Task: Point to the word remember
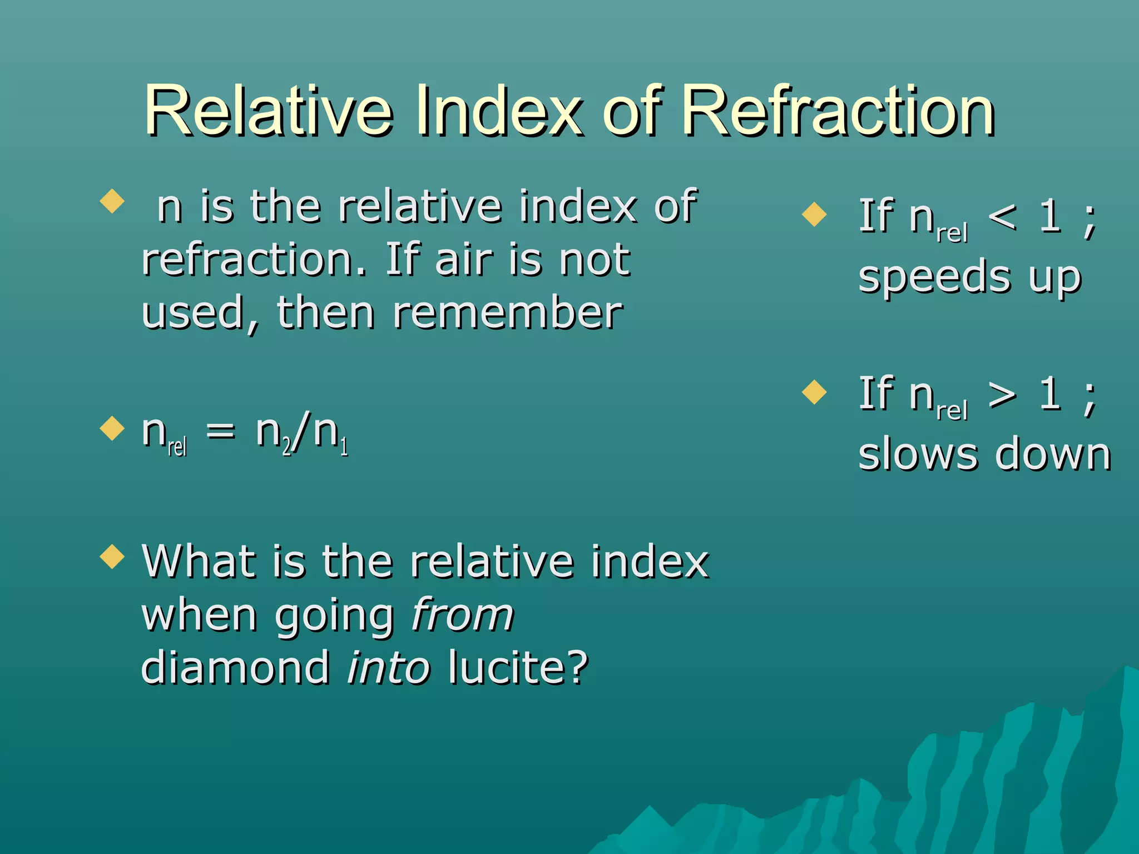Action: coord(507,313)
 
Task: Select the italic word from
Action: coord(462,615)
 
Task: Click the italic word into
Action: coord(388,667)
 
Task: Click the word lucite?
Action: coord(518,667)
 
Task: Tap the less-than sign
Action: coord(1003,217)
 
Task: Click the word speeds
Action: coord(934,278)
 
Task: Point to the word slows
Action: coord(918,455)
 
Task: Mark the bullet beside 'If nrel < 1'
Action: coord(815,215)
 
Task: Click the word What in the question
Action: coord(198,562)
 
